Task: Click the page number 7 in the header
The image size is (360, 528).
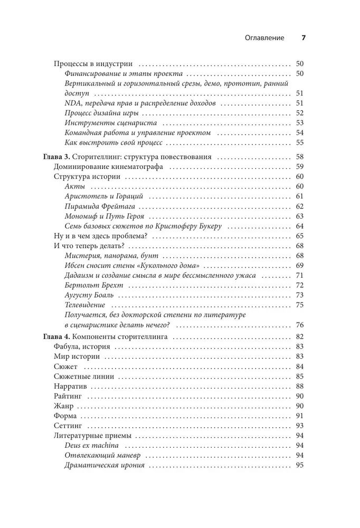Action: (304, 38)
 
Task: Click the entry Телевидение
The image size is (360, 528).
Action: (84, 305)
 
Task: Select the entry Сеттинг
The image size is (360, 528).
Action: (68, 426)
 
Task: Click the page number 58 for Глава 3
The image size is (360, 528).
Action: (300, 157)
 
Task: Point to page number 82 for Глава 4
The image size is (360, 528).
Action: (300, 336)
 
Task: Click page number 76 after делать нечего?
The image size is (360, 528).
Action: (300, 325)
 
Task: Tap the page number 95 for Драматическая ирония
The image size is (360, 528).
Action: (300, 466)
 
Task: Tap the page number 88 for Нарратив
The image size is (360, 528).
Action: (300, 386)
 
